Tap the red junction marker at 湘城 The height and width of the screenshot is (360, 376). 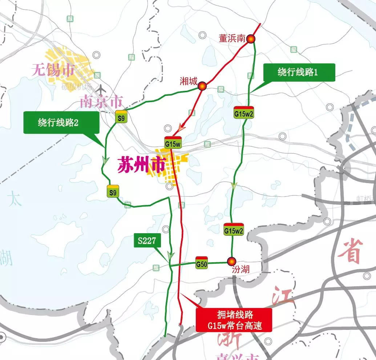202,86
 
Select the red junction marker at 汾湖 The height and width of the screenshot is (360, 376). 231,261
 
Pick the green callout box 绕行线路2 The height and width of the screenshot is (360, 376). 61,122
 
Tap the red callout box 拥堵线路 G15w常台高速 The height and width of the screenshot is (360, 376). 234,320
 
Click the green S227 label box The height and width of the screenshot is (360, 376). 147,240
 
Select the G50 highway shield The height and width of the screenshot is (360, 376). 202,263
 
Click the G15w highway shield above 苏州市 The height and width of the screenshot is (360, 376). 173,143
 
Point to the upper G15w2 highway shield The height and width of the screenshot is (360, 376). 243,112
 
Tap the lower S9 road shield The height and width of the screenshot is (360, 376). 113,191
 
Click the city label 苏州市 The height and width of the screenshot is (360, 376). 141,166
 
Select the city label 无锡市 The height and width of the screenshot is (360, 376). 53,70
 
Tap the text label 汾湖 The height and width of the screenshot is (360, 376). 240,271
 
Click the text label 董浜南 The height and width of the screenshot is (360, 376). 232,39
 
